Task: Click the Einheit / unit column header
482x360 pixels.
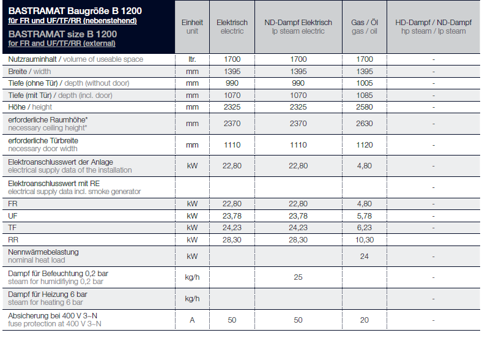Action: pyautogui.click(x=192, y=27)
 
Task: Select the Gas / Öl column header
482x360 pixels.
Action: pyautogui.click(x=365, y=27)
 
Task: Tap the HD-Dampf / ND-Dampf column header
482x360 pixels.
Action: pyautogui.click(x=433, y=27)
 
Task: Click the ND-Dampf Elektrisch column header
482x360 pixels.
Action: pyautogui.click(x=298, y=27)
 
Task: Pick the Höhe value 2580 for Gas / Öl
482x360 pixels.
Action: pyautogui.click(x=365, y=107)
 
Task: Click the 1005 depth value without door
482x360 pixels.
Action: pyautogui.click(x=365, y=83)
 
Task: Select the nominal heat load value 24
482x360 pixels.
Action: pyautogui.click(x=365, y=257)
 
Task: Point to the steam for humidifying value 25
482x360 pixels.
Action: pyautogui.click(x=298, y=277)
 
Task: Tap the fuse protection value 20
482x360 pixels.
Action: pyautogui.click(x=365, y=320)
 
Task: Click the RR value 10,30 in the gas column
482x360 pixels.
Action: pyautogui.click(x=365, y=239)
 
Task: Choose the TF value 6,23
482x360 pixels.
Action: pyautogui.click(x=365, y=228)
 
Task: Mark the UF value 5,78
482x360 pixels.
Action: pyautogui.click(x=365, y=216)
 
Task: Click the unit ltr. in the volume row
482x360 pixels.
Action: pyautogui.click(x=192, y=59)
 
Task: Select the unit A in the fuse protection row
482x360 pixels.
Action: pyautogui.click(x=192, y=320)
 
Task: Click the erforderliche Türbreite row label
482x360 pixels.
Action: pyautogui.click(x=43, y=141)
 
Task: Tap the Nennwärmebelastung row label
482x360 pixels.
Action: pyautogui.click(x=43, y=252)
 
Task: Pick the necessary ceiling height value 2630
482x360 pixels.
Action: pyautogui.click(x=365, y=124)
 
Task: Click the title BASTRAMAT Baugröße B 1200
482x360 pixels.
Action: pyautogui.click(x=75, y=11)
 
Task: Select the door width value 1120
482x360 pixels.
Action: pyautogui.click(x=365, y=145)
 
